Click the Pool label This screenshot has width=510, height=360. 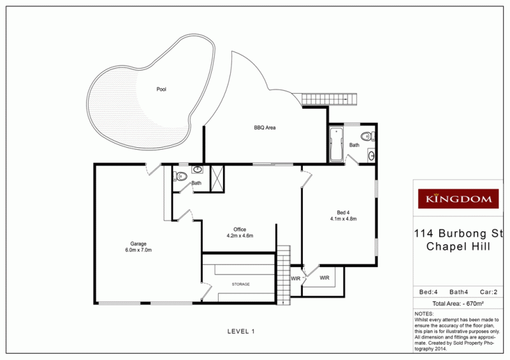click(161, 89)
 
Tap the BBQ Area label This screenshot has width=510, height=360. click(265, 128)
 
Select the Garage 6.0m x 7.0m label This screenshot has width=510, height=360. click(138, 247)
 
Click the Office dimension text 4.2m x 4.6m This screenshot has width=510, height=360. click(240, 236)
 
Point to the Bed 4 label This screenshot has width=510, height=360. click(343, 212)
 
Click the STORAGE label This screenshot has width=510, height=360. click(240, 284)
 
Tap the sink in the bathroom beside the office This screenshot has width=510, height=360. click(198, 170)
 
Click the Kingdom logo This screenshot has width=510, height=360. click(457, 199)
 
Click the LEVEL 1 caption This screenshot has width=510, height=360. click(241, 331)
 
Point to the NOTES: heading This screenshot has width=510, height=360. click(424, 314)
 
